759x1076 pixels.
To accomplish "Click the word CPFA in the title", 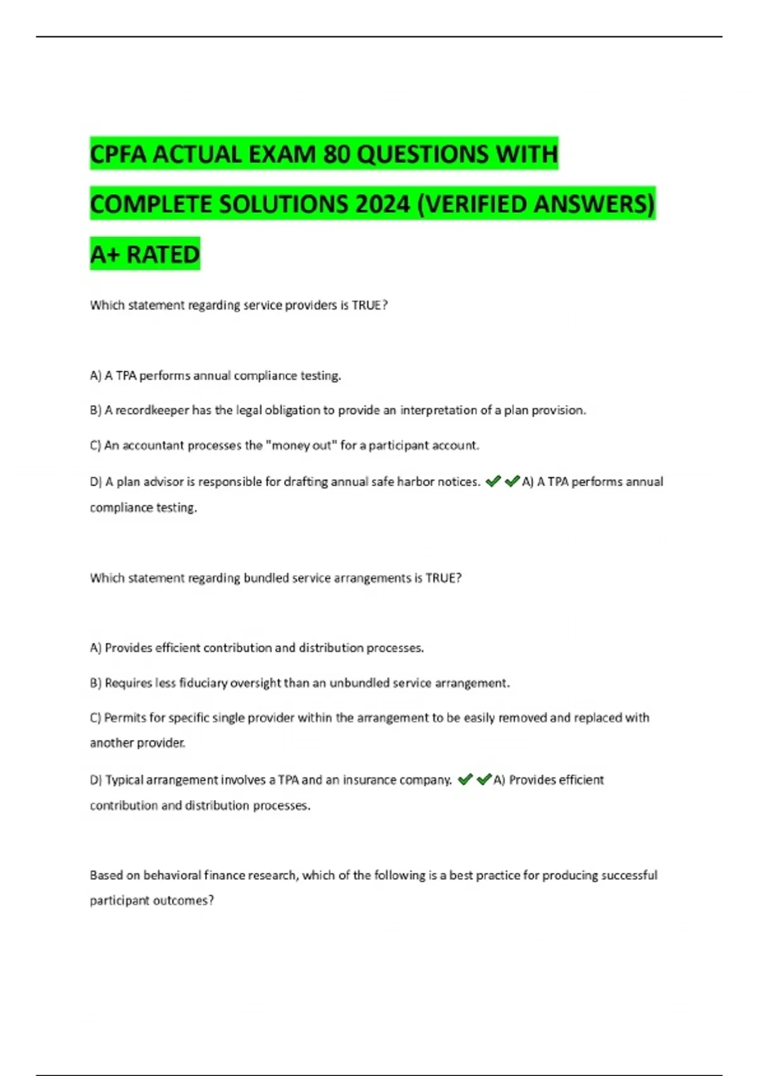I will [118, 154].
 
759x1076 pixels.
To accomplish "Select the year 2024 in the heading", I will [383, 204].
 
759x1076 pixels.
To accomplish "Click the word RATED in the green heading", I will [163, 254].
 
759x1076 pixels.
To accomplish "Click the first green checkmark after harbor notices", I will [493, 482].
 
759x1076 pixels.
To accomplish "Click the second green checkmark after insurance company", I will [484, 780].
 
